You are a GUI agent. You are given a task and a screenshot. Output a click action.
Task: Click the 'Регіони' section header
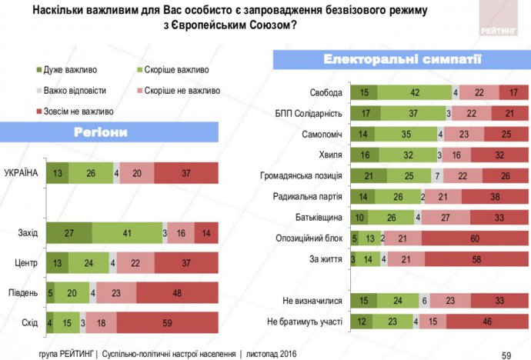click(101, 132)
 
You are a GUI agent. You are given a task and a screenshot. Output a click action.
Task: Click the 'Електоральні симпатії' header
click(392, 59)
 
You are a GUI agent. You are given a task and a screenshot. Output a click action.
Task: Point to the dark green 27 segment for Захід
click(69, 232)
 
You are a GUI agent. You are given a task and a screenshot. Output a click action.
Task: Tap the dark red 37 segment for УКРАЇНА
click(186, 173)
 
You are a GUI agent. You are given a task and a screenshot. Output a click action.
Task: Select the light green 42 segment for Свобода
click(413, 93)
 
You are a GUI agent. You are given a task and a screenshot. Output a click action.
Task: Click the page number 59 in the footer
click(506, 354)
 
